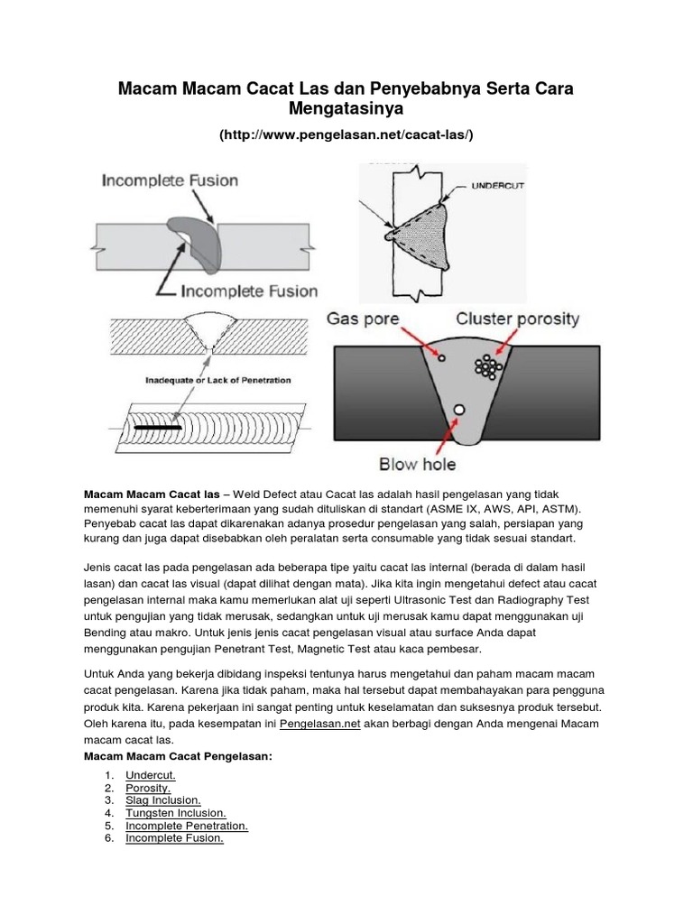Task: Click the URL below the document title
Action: (x=346, y=134)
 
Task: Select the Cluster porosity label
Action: (x=518, y=319)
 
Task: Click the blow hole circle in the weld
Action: (x=459, y=411)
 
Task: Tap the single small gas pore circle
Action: (x=441, y=358)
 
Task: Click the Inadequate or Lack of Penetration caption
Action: (x=218, y=380)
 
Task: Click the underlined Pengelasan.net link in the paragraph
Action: (x=320, y=725)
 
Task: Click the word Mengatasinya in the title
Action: (x=346, y=108)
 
